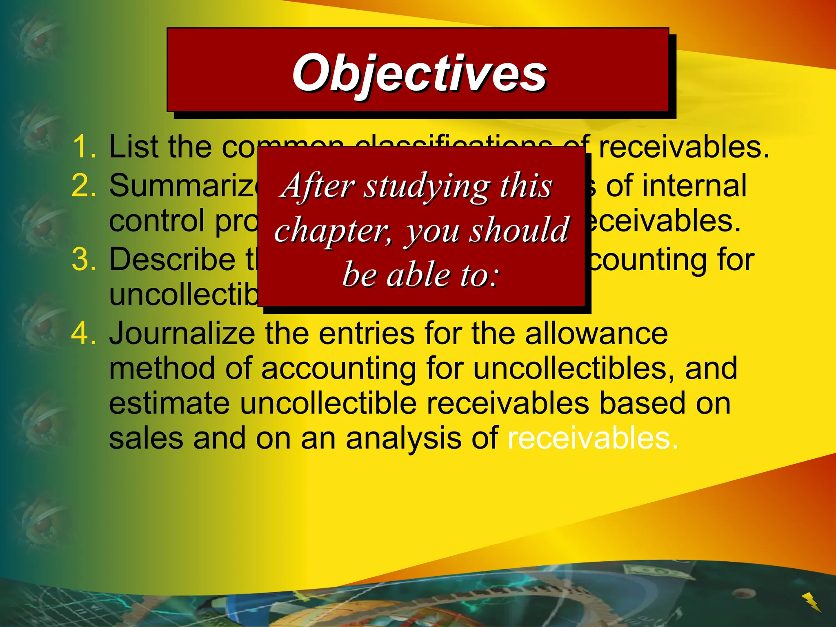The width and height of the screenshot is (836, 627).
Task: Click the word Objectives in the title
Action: coord(419,73)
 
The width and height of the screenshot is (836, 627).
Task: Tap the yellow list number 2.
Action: coord(84,186)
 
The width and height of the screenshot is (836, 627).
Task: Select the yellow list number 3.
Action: coord(84,260)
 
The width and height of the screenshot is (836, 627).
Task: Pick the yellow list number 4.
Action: coord(84,334)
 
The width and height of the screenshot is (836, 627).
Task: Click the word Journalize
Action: coord(182,334)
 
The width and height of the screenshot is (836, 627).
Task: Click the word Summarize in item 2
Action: coord(184,186)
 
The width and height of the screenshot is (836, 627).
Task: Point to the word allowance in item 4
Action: coord(596,334)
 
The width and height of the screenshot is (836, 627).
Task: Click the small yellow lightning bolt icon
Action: coord(811,601)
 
